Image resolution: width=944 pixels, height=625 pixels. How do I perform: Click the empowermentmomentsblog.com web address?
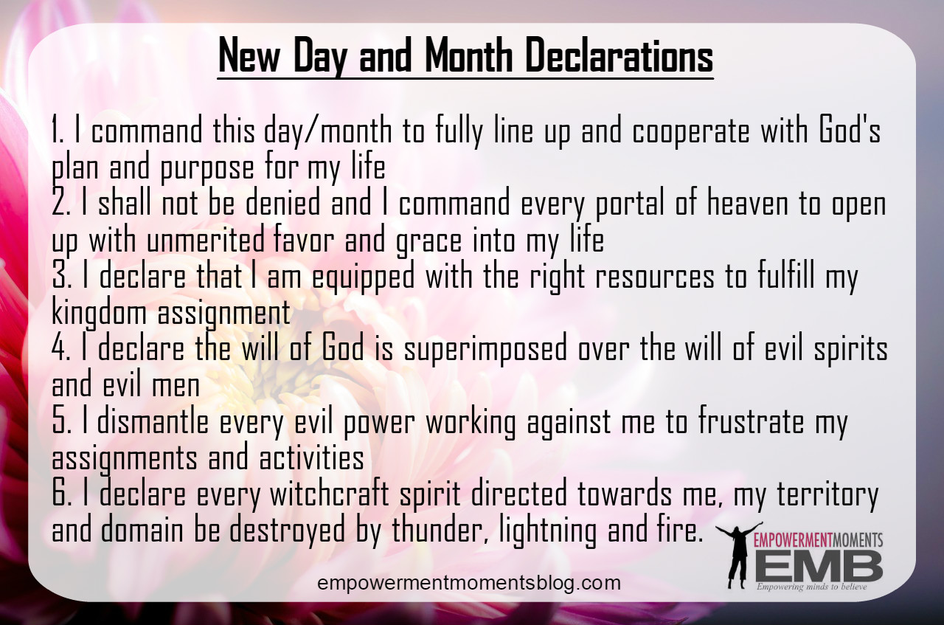[469, 584]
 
